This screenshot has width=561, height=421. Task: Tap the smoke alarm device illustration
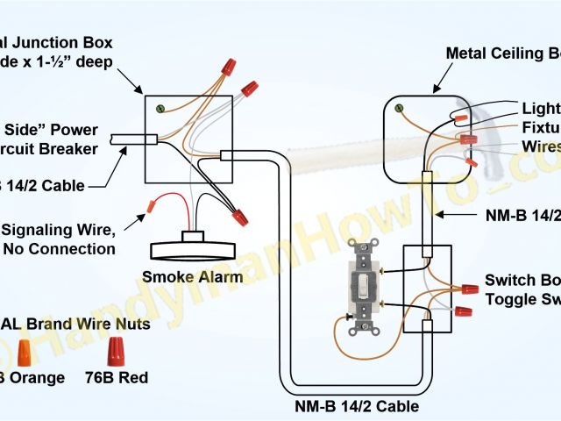(188, 245)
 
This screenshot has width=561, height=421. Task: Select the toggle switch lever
(361, 282)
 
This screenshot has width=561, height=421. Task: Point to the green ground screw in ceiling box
(400, 109)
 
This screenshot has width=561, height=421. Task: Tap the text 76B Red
(116, 378)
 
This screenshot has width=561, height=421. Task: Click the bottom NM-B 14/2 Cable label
(355, 406)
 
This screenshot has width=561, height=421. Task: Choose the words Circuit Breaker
(61, 148)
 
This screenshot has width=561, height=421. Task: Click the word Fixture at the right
(540, 126)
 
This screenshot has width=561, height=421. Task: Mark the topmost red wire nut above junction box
(230, 66)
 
